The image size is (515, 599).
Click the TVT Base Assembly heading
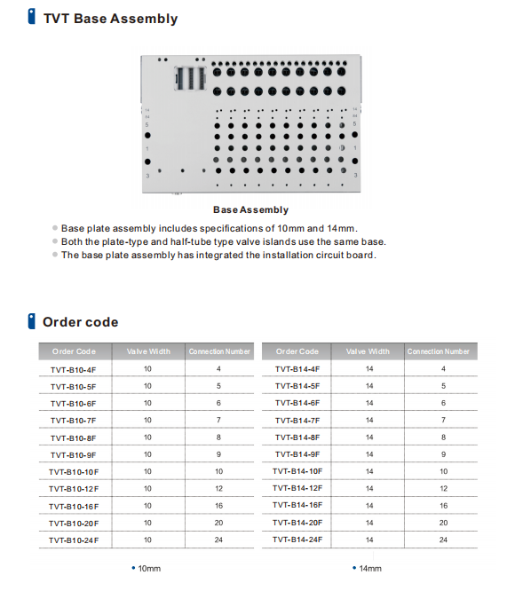coord(110,19)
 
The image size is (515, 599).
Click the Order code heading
coord(80,322)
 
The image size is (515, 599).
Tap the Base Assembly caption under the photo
coord(250,209)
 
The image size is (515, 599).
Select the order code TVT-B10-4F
coord(74,370)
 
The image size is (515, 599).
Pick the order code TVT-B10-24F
coord(74,540)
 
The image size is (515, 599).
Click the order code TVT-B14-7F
coord(297,421)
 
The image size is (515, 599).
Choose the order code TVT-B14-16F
coord(297,505)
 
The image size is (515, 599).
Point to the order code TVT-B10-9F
coord(74,455)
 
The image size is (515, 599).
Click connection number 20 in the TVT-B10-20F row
coord(218,523)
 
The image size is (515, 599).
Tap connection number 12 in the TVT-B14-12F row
coord(443,488)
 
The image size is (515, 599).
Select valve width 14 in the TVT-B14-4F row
coord(369,368)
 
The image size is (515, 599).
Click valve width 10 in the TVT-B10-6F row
coord(147,403)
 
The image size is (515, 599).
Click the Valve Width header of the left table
coord(148,351)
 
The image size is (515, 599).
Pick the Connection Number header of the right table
coord(438,351)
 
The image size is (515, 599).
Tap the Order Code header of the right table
coord(297,351)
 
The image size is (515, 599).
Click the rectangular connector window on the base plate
coord(190,78)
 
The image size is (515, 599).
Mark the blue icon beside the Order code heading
coord(32,321)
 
